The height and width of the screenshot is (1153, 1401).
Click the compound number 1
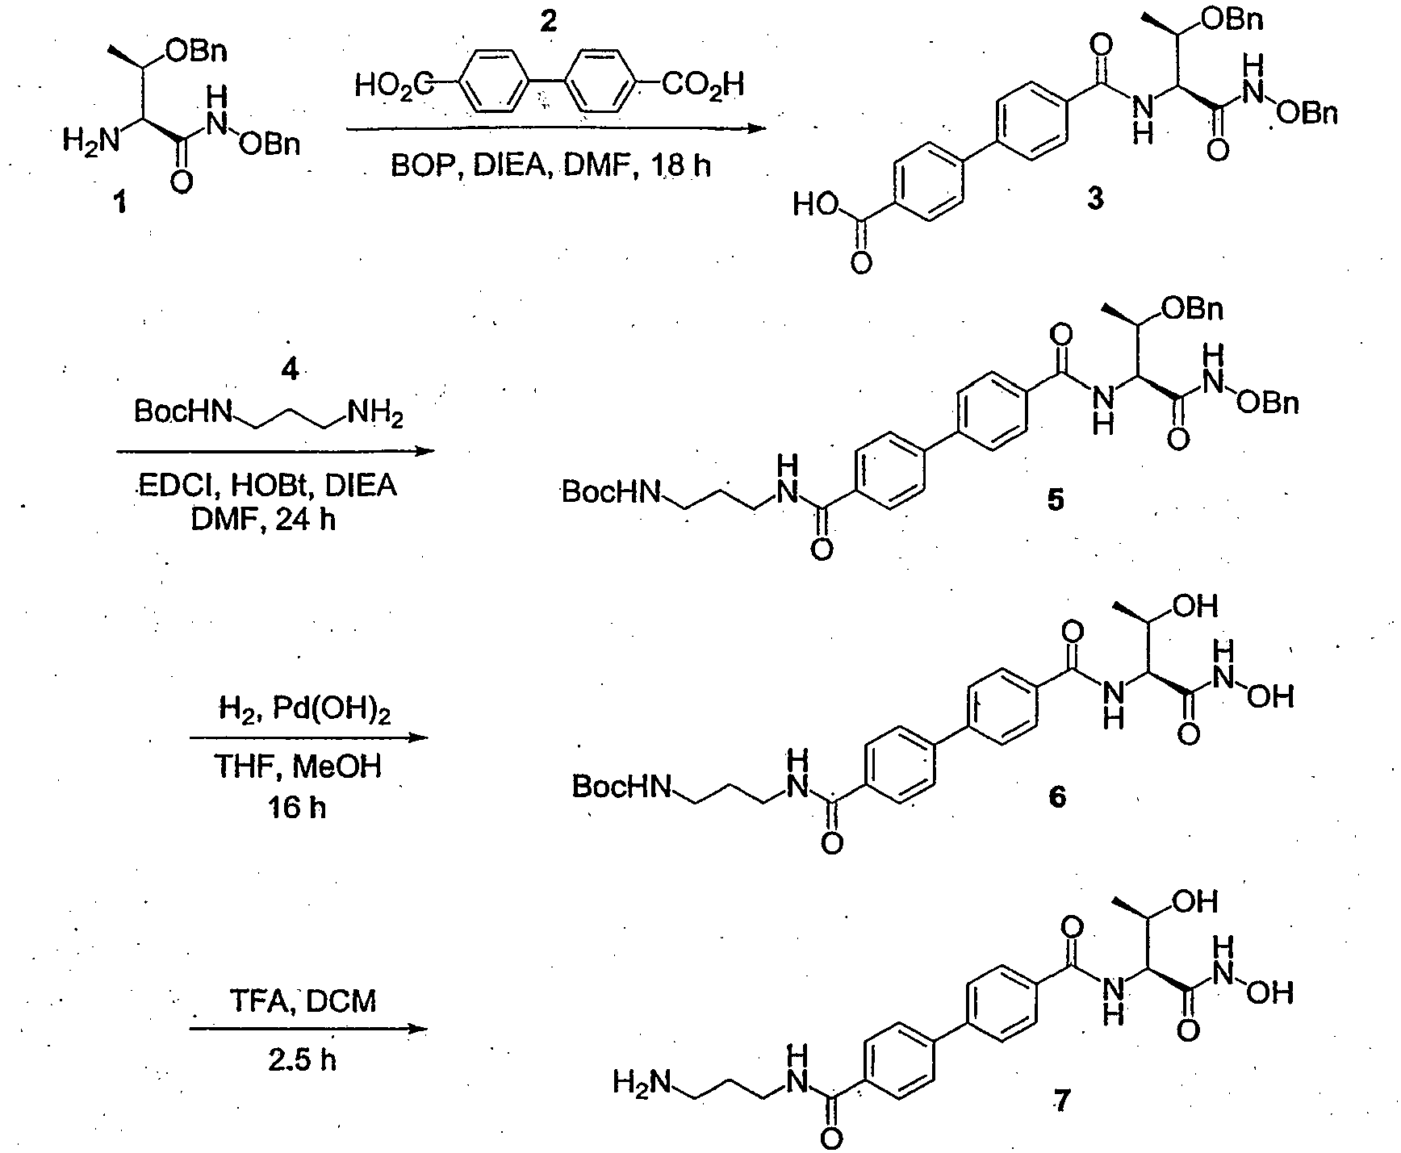pos(119,204)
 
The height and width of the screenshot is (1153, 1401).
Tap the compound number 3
pos(1094,198)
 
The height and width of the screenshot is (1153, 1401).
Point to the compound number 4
pos(289,370)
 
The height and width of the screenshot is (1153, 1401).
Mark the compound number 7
pos(1057,1101)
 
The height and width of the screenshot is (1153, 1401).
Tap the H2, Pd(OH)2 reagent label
pos(304,713)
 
